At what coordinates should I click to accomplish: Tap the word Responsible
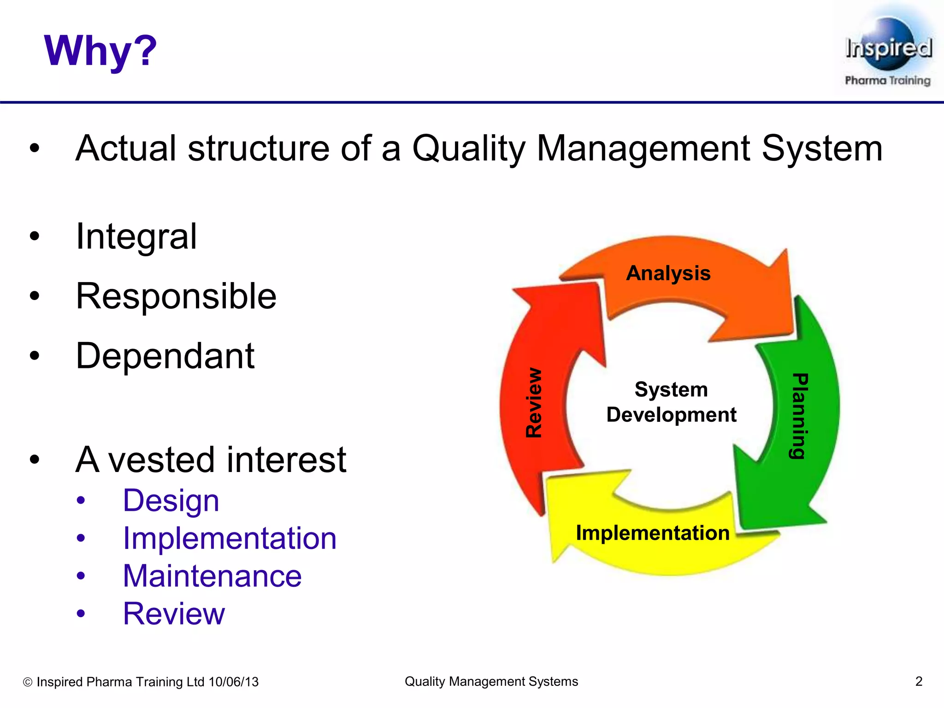point(176,296)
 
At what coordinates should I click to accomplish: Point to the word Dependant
point(165,356)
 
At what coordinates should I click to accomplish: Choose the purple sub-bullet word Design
point(171,501)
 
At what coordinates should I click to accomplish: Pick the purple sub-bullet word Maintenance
point(212,576)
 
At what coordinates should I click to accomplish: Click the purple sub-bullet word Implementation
point(230,539)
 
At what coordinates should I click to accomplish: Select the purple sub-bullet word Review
point(174,614)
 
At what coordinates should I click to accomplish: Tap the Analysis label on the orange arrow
point(668,273)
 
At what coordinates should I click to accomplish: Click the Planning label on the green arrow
point(799,416)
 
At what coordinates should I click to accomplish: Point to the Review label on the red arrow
point(534,402)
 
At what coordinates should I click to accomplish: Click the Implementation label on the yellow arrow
point(653,533)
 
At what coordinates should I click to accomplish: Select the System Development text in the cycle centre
point(671,402)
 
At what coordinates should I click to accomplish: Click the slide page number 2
point(919,681)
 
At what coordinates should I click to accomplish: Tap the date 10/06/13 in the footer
point(234,682)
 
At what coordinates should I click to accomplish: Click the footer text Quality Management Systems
point(491,681)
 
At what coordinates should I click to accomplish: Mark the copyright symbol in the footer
point(28,682)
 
